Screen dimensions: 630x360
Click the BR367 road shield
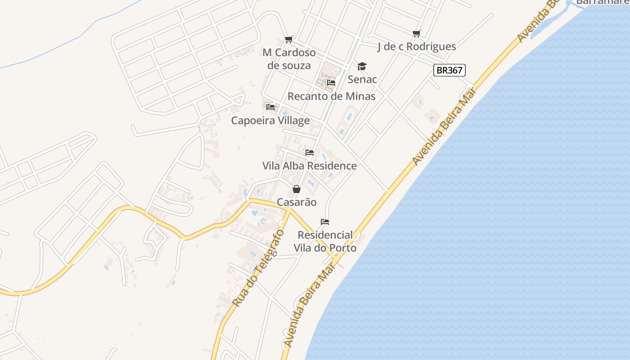449,70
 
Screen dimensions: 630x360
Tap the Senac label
362,80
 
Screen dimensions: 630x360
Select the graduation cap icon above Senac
362,67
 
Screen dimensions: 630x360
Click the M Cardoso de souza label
289,59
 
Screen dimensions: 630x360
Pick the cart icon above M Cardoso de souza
289,40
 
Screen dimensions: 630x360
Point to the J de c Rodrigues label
416,46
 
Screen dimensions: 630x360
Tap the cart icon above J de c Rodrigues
416,33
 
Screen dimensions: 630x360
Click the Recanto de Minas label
331,96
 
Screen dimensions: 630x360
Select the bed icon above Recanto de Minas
331,83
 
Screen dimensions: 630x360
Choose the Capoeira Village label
270,120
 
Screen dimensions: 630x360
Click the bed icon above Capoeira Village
270,107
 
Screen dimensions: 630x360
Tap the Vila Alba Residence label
309,166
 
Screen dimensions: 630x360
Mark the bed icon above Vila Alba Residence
309,153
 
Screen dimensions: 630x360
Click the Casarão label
296,202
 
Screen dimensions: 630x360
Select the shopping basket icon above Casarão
296,189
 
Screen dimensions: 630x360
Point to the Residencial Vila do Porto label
325,241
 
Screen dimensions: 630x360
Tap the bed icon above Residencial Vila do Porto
325,222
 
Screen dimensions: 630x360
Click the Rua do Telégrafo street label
259,269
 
